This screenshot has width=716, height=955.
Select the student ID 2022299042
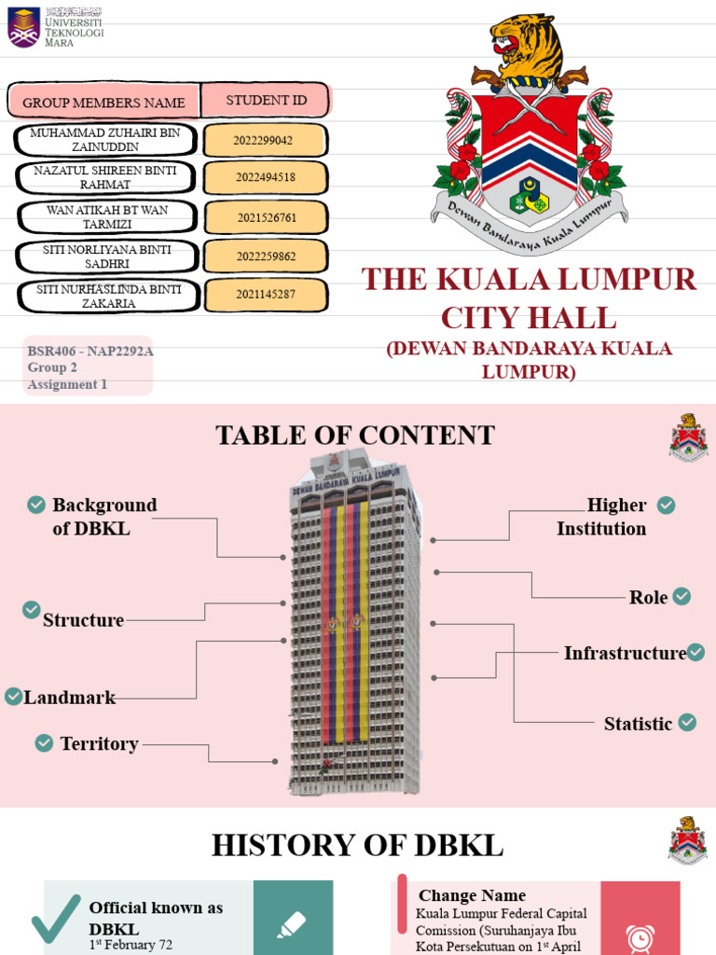tap(266, 141)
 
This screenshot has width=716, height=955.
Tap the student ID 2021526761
tap(266, 217)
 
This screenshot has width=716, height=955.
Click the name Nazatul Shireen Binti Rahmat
tap(105, 178)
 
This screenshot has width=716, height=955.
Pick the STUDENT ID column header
tap(266, 101)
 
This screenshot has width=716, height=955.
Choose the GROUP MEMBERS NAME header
tap(103, 103)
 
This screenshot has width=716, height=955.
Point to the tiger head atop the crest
tap(528, 47)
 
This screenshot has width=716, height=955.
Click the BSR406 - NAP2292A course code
tap(89, 352)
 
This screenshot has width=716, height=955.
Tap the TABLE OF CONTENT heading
tap(355, 436)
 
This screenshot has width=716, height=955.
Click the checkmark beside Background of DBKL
tap(36, 505)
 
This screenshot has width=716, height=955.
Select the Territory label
tap(99, 744)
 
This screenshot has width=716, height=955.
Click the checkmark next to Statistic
tap(687, 722)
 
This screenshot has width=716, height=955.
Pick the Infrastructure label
tap(625, 654)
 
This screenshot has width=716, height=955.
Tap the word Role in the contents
tap(648, 598)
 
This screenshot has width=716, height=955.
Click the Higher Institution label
tap(603, 517)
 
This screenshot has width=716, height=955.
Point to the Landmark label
tap(70, 698)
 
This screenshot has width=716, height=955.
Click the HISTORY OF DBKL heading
tap(357, 846)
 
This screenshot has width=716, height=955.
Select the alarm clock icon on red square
tap(640, 935)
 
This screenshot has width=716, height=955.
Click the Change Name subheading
tap(472, 896)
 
